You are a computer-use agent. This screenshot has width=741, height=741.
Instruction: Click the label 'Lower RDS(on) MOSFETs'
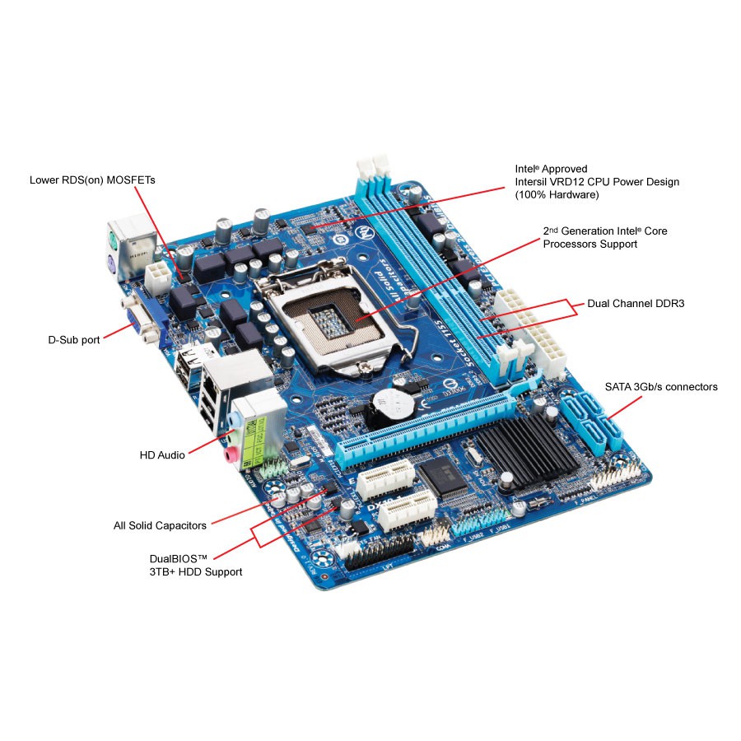(92, 179)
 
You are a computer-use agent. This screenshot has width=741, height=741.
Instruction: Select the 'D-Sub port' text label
(73, 340)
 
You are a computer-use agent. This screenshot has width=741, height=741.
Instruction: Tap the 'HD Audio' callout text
(161, 454)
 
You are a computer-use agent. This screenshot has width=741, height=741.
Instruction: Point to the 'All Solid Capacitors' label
(160, 525)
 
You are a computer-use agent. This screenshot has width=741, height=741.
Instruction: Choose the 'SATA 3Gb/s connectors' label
(661, 386)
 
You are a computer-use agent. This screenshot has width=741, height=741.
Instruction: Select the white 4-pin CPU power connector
(158, 278)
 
